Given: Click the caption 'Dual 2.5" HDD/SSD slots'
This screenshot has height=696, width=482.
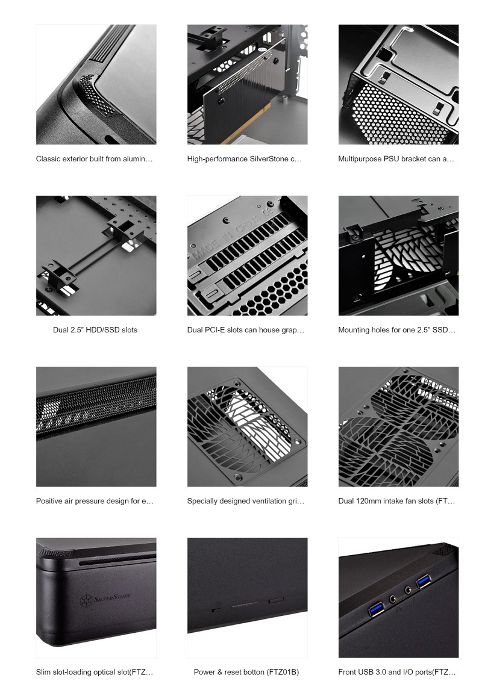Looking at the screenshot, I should (95, 330).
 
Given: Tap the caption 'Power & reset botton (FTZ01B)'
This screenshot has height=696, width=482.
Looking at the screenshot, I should (246, 672).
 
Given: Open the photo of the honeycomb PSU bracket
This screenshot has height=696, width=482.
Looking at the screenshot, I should (398, 84).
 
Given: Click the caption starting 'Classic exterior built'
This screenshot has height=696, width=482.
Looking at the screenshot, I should (95, 159).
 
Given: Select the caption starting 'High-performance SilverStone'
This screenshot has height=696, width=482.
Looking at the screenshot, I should (245, 159).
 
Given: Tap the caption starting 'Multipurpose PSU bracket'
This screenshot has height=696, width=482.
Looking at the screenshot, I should (396, 159).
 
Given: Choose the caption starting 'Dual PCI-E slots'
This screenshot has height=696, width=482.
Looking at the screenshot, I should (246, 330).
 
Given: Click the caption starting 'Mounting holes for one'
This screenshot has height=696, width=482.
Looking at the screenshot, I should (397, 330).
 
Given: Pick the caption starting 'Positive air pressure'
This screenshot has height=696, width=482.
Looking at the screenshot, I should (95, 501).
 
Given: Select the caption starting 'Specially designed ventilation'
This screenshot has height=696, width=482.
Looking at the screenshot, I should (246, 501).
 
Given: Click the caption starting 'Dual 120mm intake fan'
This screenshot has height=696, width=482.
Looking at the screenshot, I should (397, 501).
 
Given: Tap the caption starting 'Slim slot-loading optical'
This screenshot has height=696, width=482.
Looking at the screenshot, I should (95, 672).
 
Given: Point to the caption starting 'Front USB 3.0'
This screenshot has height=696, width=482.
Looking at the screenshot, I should (397, 672).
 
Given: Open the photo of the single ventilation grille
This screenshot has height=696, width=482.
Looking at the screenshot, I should (247, 426).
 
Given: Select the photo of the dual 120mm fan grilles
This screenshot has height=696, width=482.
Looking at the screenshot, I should (398, 426).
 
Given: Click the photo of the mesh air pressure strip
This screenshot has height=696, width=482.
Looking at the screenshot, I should (96, 426).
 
